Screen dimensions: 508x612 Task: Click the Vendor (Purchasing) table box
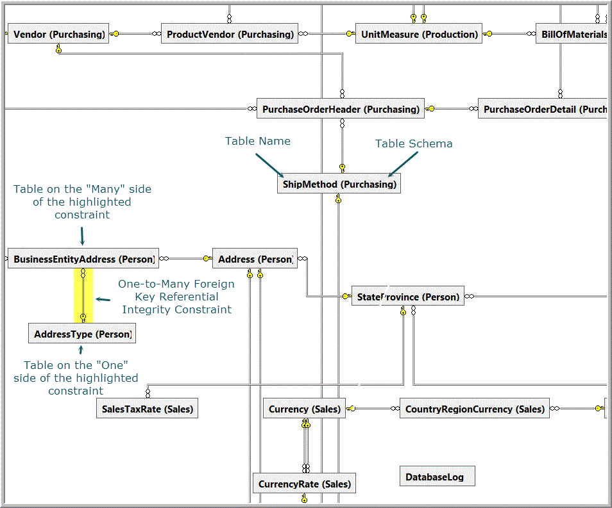click(58, 34)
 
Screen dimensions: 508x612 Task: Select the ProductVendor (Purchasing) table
click(230, 34)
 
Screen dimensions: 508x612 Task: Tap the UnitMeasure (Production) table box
click(419, 34)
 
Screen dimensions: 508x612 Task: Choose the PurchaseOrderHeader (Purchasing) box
click(341, 109)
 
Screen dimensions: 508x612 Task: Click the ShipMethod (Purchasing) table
click(339, 184)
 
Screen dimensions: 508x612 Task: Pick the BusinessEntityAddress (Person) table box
click(83, 259)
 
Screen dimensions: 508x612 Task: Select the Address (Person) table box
click(255, 259)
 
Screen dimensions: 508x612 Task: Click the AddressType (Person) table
click(82, 334)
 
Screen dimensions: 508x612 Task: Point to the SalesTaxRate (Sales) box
click(147, 408)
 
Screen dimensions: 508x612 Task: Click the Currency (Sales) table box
click(304, 408)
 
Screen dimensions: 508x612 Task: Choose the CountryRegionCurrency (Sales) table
click(475, 408)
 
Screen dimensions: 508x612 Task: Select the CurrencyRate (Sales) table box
click(304, 484)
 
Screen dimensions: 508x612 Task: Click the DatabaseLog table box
click(437, 477)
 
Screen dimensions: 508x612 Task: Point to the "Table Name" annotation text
click(257, 141)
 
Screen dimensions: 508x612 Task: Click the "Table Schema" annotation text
click(414, 143)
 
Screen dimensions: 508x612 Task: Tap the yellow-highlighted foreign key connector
click(83, 296)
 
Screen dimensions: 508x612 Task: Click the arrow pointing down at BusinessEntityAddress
click(82, 236)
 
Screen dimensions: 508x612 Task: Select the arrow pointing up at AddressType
click(81, 350)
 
